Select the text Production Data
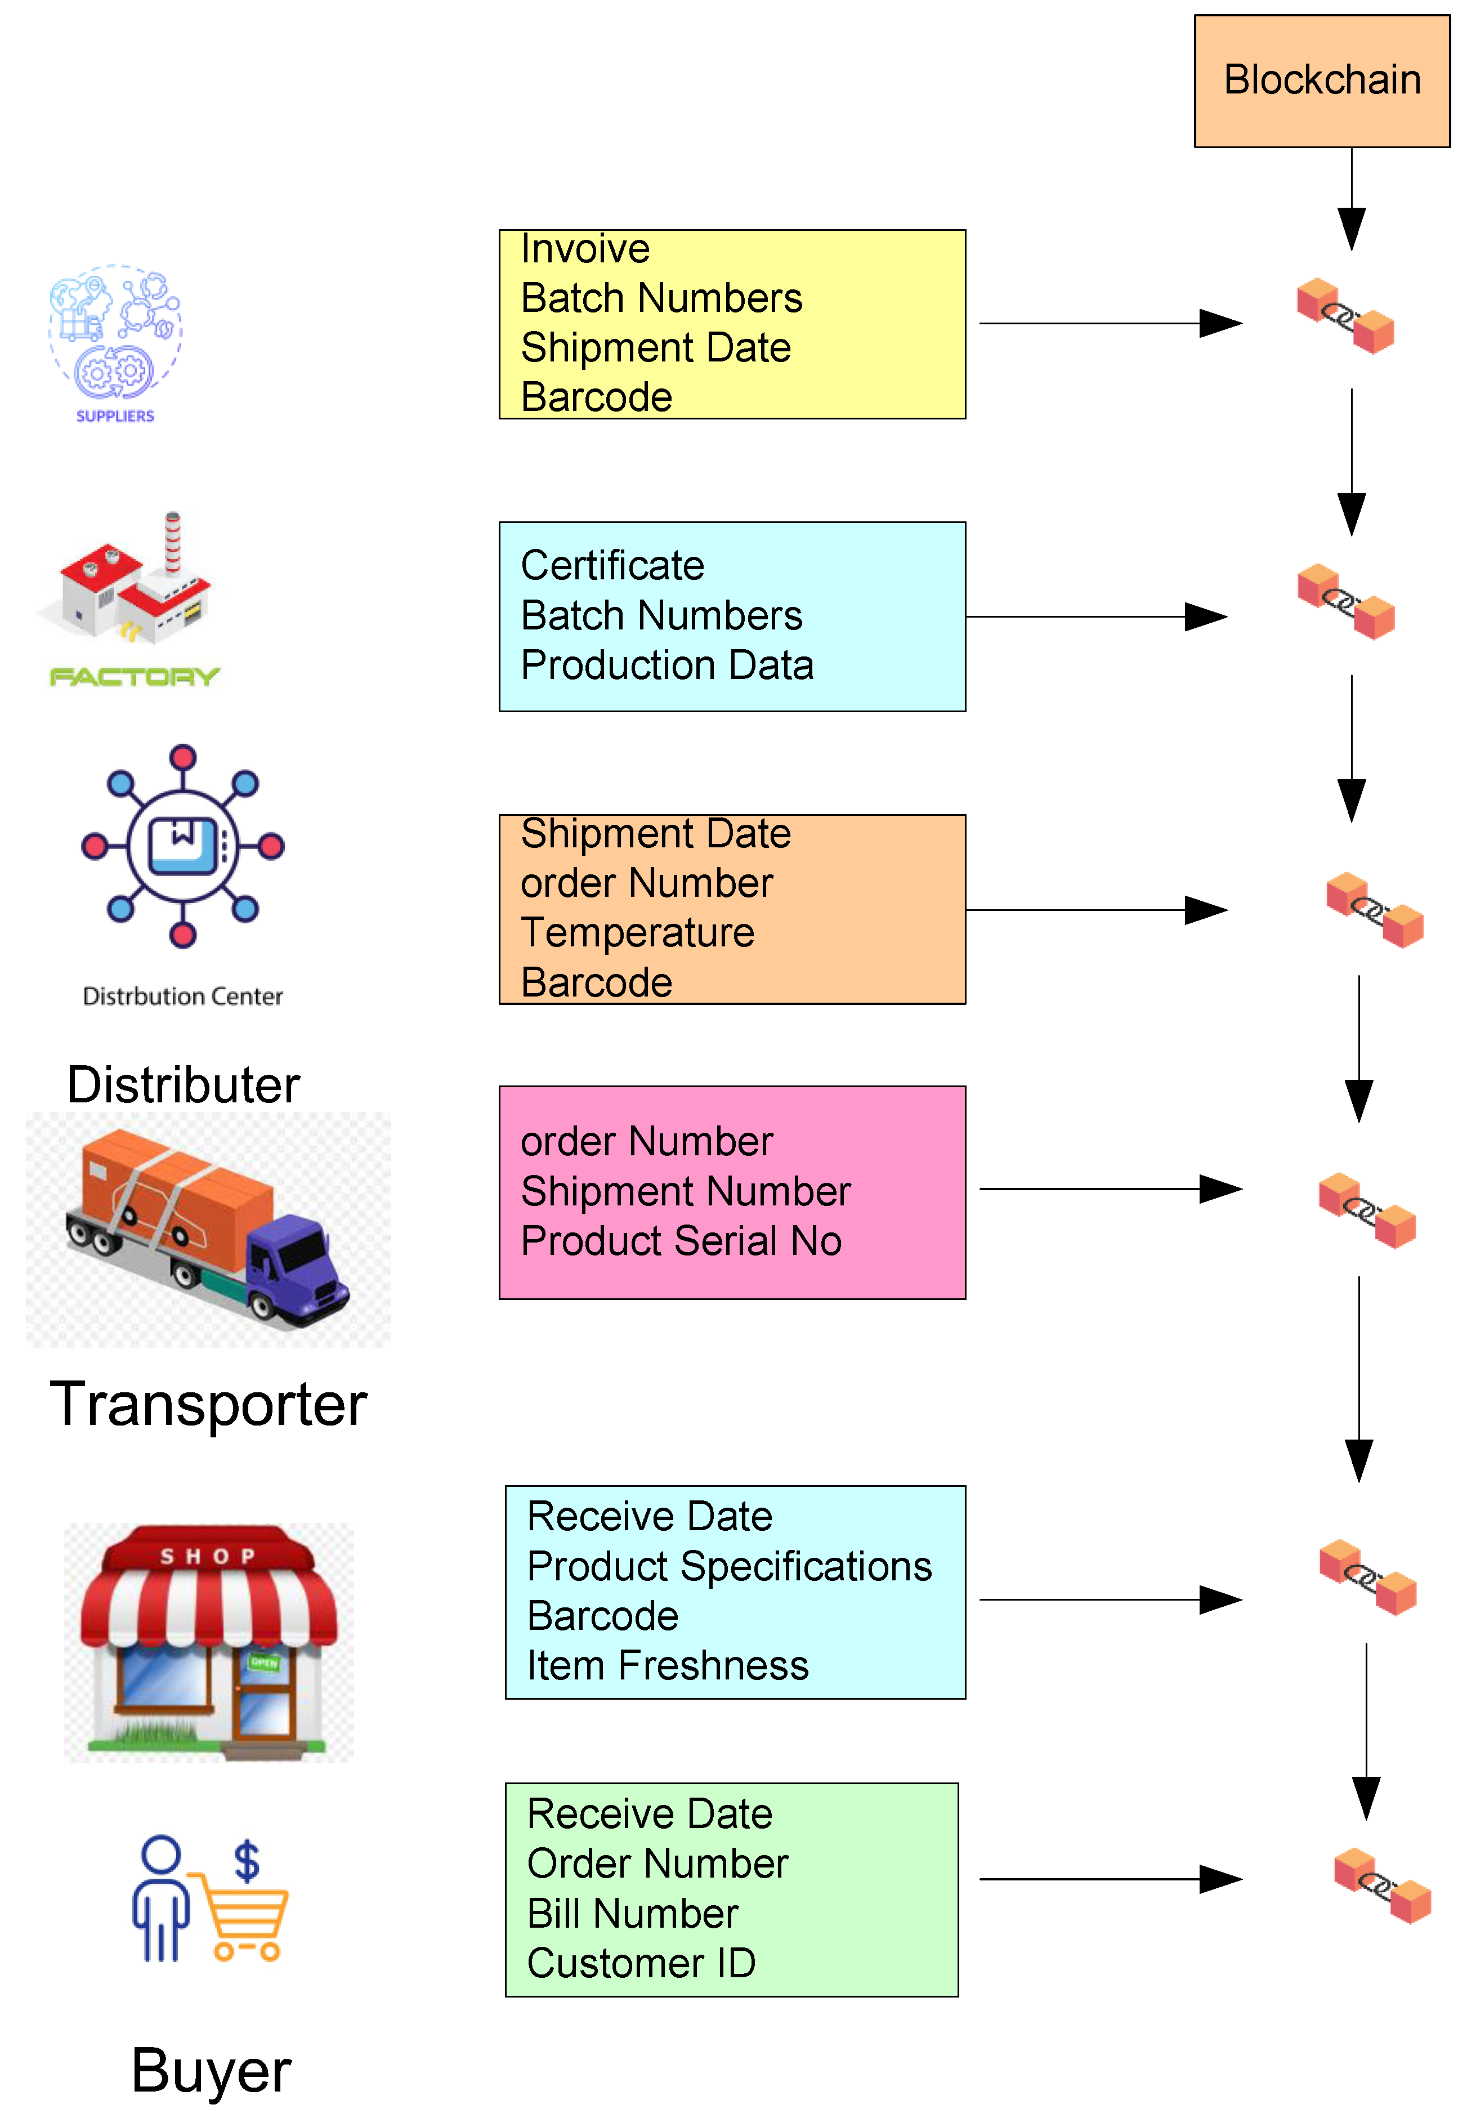(667, 665)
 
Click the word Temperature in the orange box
(637, 933)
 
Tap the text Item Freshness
(667, 1666)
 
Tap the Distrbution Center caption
(183, 997)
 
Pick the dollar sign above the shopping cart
(247, 1861)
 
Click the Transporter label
(209, 1405)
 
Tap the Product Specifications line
(729, 1566)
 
